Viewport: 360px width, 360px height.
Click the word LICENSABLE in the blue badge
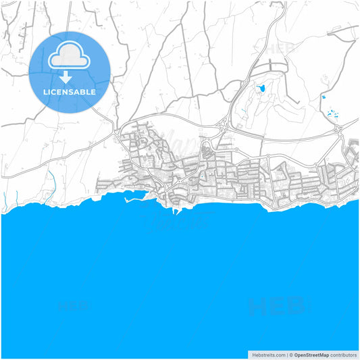tap(70, 92)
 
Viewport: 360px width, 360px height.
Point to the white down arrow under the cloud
tap(70, 76)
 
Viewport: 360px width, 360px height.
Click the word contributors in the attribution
tap(344, 354)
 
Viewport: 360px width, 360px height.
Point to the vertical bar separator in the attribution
tap(286, 354)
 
